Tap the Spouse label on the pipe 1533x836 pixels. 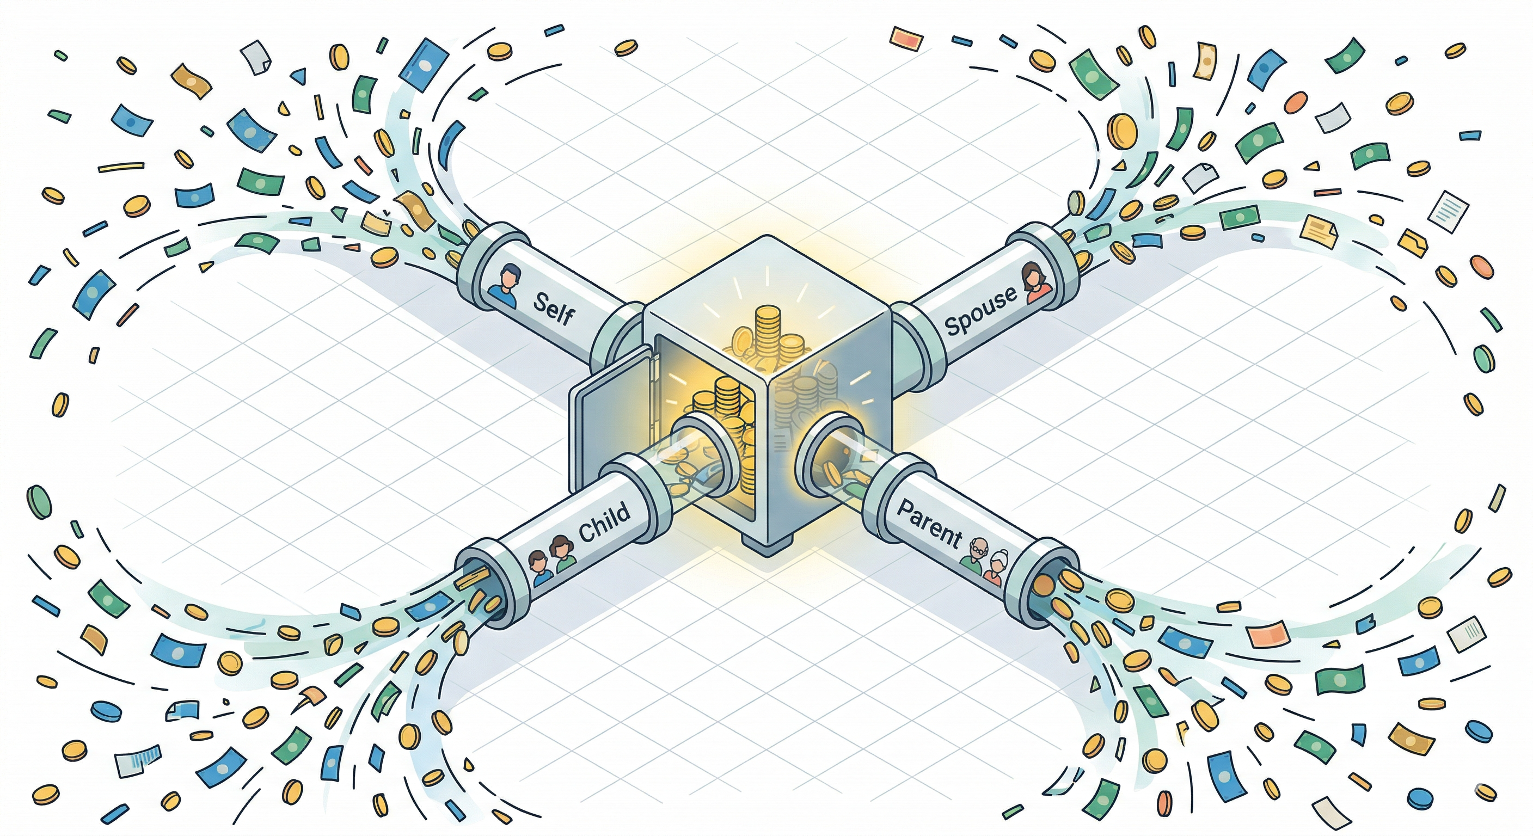981,311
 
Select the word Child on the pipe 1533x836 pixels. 604,522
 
